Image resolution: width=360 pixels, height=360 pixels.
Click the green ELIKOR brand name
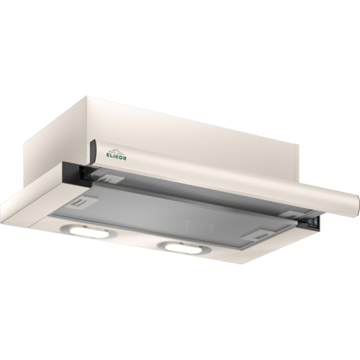116,157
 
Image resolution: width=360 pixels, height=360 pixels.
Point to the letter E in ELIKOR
108,156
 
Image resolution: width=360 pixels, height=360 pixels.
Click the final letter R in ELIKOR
125,158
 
